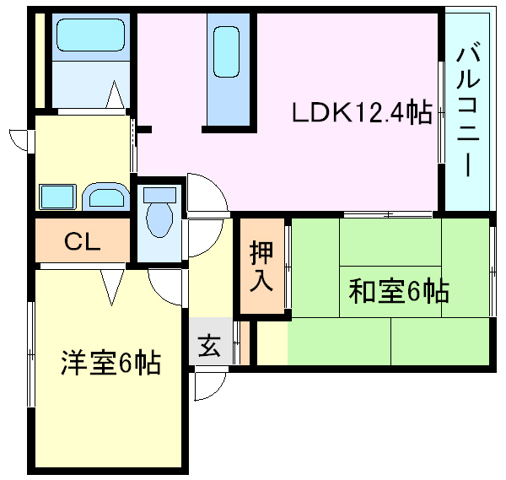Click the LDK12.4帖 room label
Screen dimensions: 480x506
click(362, 112)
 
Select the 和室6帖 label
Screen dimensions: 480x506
click(399, 292)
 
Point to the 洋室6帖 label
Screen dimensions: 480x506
click(110, 364)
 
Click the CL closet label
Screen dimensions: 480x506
click(83, 242)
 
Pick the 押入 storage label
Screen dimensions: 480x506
click(261, 267)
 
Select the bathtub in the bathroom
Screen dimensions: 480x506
click(89, 36)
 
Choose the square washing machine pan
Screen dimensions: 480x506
click(58, 197)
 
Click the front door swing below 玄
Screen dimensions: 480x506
click(207, 385)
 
